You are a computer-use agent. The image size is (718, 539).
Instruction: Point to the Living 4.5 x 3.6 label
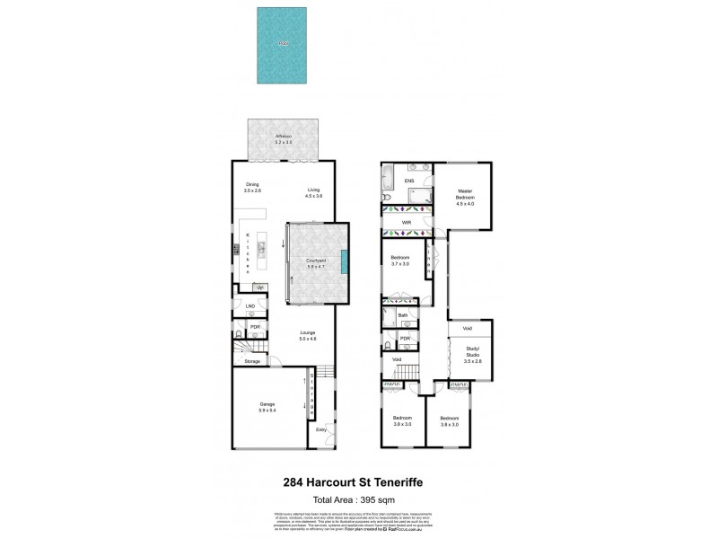pos(313,191)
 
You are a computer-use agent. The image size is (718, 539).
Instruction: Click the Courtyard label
pos(316,262)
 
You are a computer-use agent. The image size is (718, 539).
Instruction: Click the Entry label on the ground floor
pos(321,429)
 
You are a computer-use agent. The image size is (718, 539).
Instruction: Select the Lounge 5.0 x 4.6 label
pos(308,337)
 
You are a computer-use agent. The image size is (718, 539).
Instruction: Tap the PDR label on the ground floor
pos(255,326)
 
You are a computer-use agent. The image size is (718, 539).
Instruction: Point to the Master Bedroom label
pos(464,194)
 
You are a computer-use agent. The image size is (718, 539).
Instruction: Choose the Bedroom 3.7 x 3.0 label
pos(399,261)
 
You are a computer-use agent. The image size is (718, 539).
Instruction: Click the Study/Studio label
pos(472,353)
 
